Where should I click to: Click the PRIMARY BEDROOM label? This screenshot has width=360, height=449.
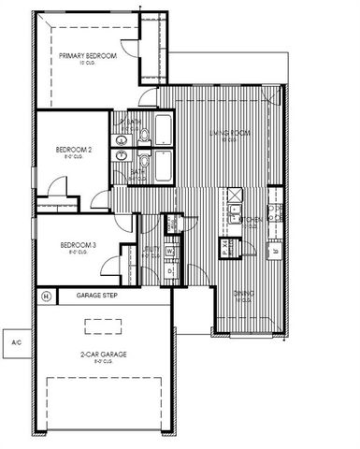[x=88, y=56]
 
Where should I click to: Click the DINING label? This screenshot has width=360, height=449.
[x=243, y=294]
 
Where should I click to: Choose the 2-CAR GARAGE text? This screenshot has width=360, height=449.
[x=104, y=354]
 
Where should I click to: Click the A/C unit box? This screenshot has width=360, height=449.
[x=15, y=342]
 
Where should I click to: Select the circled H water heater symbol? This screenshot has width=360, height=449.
[x=45, y=297]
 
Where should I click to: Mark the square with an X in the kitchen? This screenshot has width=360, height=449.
[x=235, y=196]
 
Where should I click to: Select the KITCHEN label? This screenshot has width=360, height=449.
[x=250, y=221]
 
